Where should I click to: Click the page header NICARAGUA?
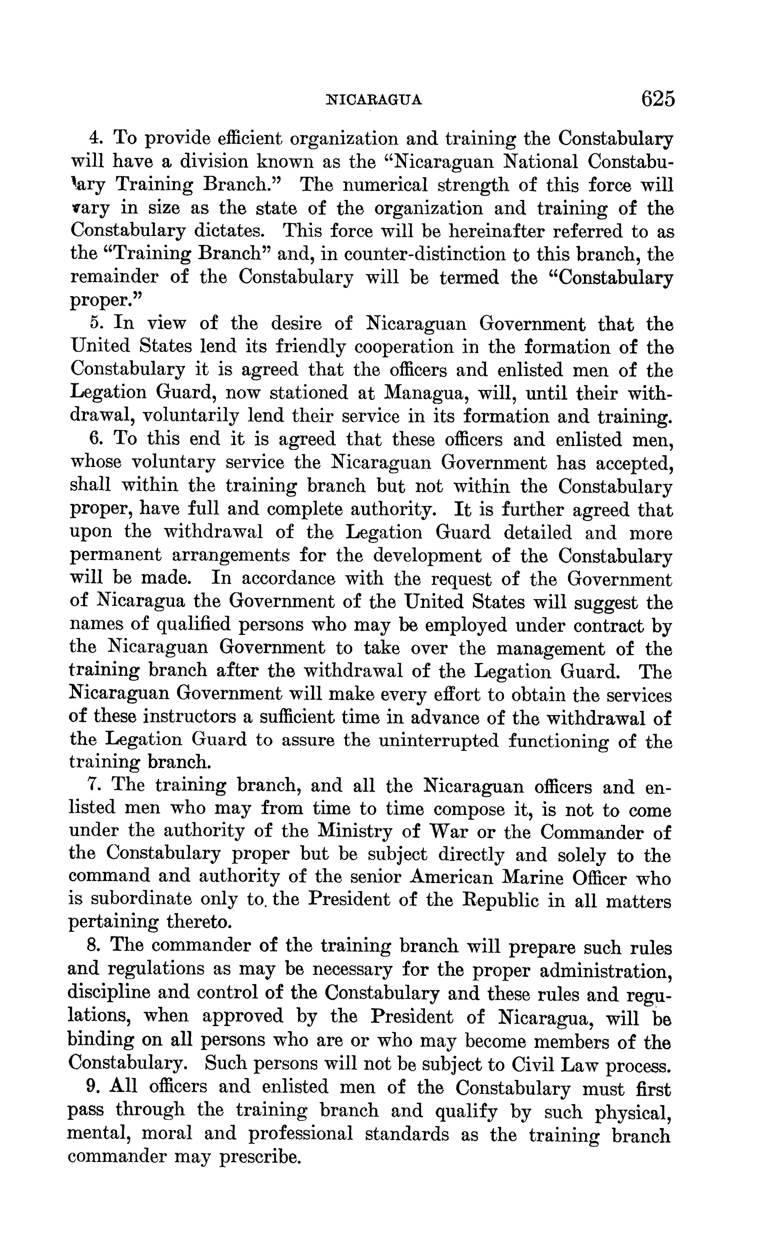click(x=375, y=99)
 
